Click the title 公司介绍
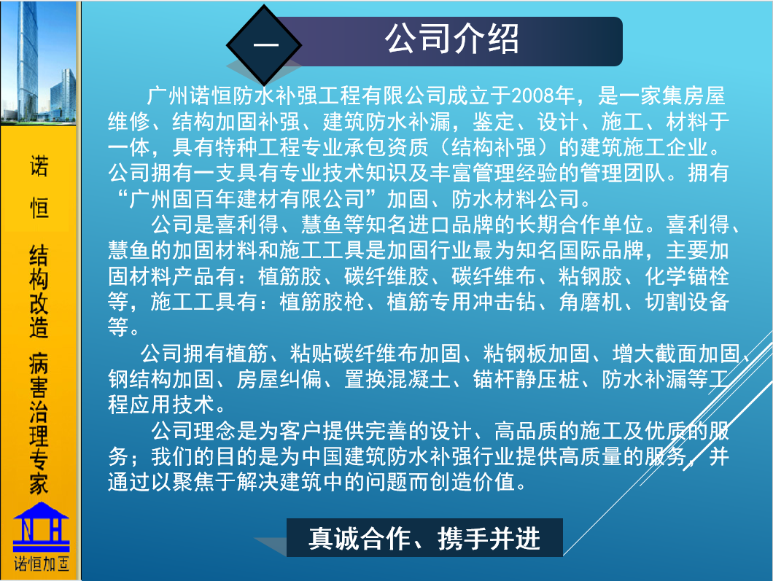pyautogui.click(x=451, y=39)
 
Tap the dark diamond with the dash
pyautogui.click(x=264, y=45)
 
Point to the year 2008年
pyautogui.click(x=543, y=95)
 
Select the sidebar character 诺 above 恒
pyautogui.click(x=39, y=165)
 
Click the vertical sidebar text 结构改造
pyautogui.click(x=39, y=292)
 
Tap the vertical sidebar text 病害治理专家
pyautogui.click(x=39, y=424)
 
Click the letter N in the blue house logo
pyautogui.click(x=27, y=530)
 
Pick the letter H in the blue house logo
pyautogui.click(x=55, y=530)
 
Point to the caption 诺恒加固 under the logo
pyautogui.click(x=42, y=564)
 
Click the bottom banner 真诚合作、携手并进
pyautogui.click(x=424, y=538)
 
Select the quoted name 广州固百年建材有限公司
pyautogui.click(x=246, y=198)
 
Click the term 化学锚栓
pyautogui.click(x=687, y=276)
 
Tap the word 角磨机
pyautogui.click(x=590, y=302)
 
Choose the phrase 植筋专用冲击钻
pyautogui.click(x=461, y=302)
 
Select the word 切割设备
pyautogui.click(x=687, y=302)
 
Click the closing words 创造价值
pyautogui.click(x=473, y=481)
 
